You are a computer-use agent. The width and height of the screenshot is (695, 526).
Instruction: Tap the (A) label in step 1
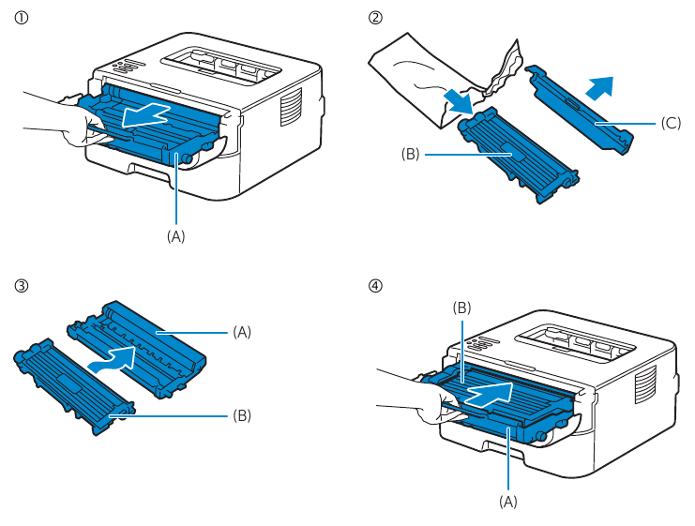coord(176,236)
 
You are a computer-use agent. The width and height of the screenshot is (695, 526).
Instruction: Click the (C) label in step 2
coord(670,123)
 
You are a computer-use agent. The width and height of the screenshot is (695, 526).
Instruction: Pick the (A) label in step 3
coord(242,331)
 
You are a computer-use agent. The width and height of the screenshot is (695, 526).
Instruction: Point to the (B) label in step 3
coord(242,413)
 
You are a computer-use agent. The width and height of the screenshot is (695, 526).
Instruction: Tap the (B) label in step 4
coord(461,307)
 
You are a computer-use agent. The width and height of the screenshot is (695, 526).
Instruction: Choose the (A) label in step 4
coord(507,502)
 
